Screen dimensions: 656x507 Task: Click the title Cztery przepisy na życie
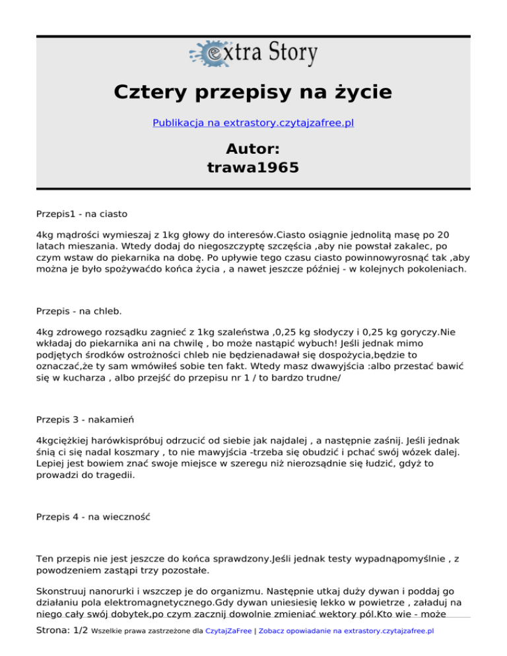tap(253, 92)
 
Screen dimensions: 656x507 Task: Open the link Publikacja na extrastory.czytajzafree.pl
tap(253, 123)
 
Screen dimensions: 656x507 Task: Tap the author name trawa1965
tap(253, 168)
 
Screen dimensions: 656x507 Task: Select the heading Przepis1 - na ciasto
tap(83, 214)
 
